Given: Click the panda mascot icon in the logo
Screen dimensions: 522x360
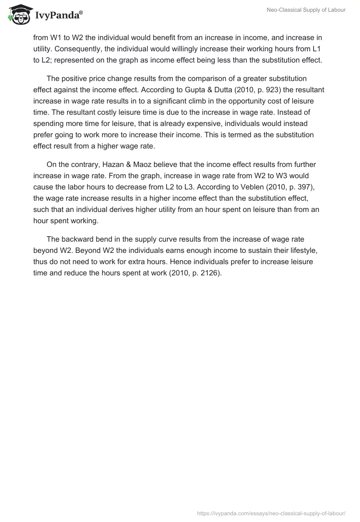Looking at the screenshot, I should pos(18,15).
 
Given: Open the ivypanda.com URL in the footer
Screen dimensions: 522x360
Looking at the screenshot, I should pos(271,513).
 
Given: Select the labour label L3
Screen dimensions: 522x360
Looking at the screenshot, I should pos(195,187).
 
